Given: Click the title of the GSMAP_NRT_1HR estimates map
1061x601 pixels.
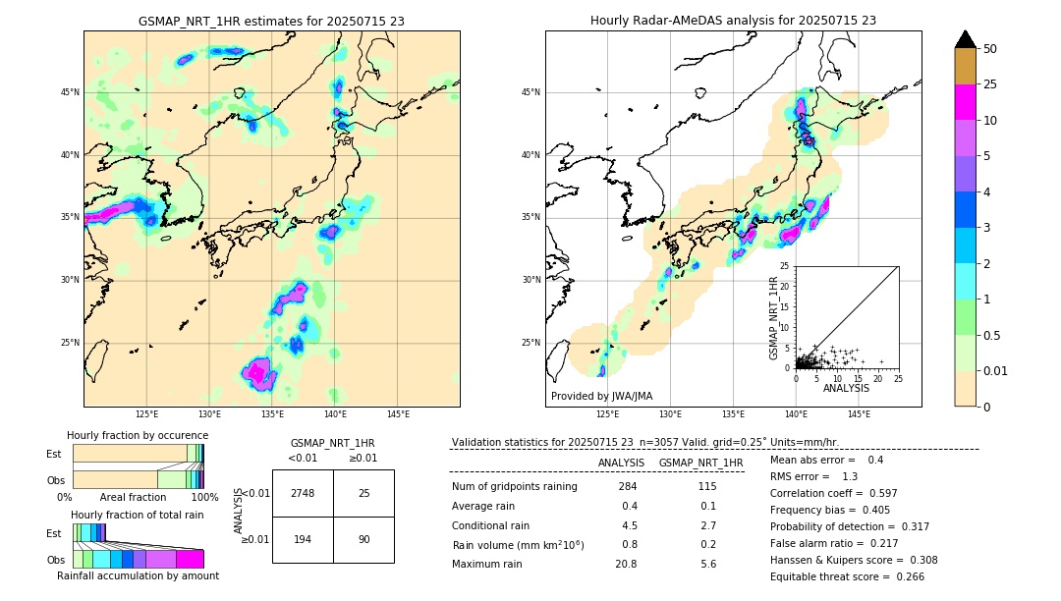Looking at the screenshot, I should pyautogui.click(x=271, y=21).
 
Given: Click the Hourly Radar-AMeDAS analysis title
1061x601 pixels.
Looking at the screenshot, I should pyautogui.click(x=733, y=21).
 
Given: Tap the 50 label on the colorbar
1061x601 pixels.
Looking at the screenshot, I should pyautogui.click(x=991, y=49).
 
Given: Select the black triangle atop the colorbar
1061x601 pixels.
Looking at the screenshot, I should pyautogui.click(x=966, y=39).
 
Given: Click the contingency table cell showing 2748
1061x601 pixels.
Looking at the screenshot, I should pyautogui.click(x=303, y=493).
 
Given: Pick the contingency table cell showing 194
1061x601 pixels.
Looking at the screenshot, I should pyautogui.click(x=303, y=540).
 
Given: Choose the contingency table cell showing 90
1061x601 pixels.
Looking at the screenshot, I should pyautogui.click(x=363, y=540).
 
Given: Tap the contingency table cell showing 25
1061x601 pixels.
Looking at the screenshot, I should pyautogui.click(x=363, y=493).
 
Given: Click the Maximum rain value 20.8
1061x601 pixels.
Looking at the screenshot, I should pyautogui.click(x=627, y=564).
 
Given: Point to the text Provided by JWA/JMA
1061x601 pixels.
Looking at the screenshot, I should pyautogui.click(x=601, y=396).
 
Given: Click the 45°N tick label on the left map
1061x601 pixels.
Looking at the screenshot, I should pyautogui.click(x=70, y=92).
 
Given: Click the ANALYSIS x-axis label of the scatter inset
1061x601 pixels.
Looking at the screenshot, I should pyautogui.click(x=846, y=388).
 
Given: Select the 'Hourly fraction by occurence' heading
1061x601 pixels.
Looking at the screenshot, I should pyautogui.click(x=138, y=435).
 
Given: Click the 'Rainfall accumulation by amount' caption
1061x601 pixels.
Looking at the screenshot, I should pyautogui.click(x=139, y=575).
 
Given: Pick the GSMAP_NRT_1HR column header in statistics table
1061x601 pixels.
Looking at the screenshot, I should pyautogui.click(x=700, y=463).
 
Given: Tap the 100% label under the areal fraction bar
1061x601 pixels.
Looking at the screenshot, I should pyautogui.click(x=204, y=497).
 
